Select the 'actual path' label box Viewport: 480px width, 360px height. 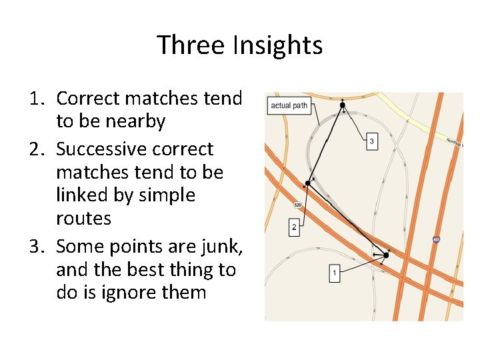click(x=289, y=106)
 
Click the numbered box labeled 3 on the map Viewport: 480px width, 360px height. click(x=371, y=141)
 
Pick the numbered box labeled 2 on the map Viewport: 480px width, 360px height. click(x=294, y=227)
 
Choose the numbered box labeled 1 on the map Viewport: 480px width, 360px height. click(x=334, y=273)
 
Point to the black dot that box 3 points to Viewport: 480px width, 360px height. click(x=342, y=105)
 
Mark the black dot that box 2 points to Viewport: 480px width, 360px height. click(x=307, y=182)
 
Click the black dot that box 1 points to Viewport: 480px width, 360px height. click(x=386, y=255)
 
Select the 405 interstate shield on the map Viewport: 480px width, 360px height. click(x=436, y=239)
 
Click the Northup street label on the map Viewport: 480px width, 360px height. click(x=455, y=143)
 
